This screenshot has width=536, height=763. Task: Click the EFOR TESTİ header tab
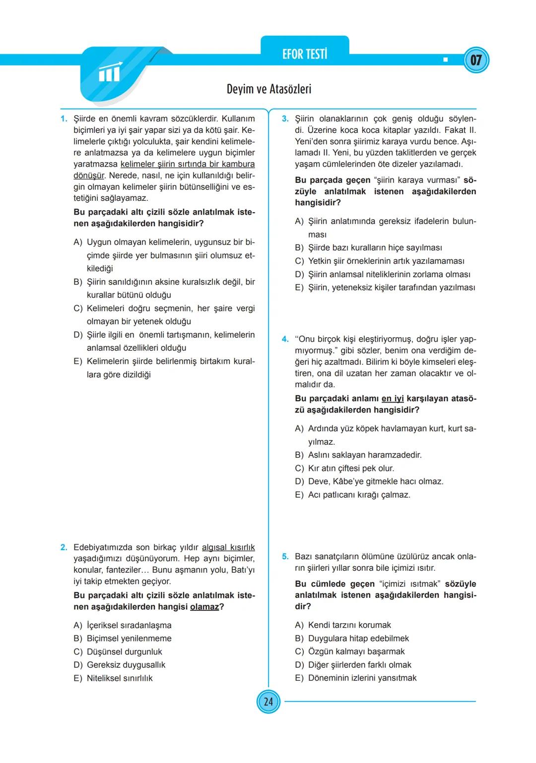[305, 54]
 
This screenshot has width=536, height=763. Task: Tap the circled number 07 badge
[476, 60]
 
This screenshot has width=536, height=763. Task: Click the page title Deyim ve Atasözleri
[268, 89]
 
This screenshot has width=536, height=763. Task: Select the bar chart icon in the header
[109, 73]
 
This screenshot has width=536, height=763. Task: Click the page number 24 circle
[268, 702]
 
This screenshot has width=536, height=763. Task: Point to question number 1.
[64, 119]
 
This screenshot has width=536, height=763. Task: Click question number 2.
[64, 548]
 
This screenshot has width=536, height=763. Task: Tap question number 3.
[285, 119]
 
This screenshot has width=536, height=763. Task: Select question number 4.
[285, 340]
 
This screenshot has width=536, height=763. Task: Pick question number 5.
[285, 557]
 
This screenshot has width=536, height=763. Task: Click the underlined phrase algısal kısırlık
[228, 548]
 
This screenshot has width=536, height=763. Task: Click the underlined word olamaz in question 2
[204, 607]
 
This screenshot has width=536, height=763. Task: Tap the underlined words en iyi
[393, 399]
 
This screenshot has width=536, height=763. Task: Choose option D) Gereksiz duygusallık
[119, 665]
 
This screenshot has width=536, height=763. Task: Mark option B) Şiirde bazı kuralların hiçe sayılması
[368, 248]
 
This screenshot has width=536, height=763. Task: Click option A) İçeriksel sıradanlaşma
[122, 626]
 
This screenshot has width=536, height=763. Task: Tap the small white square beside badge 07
[445, 60]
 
